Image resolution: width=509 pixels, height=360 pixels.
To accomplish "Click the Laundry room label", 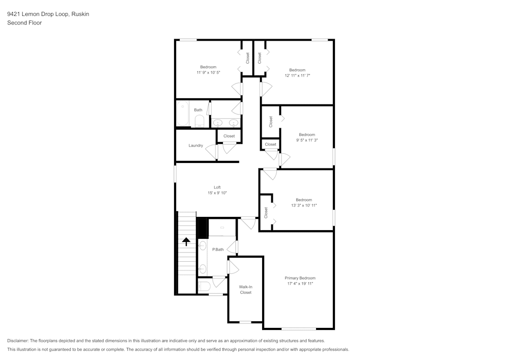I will coord(196,146).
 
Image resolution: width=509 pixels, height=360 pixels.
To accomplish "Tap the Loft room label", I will coord(217,187).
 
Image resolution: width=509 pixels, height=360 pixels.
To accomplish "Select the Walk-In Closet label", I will coord(246,290).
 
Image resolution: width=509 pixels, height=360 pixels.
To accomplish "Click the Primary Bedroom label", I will coord(300,278).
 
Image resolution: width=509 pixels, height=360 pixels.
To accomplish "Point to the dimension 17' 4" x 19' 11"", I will coord(300,284).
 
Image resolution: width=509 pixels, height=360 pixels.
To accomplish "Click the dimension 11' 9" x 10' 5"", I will coord(208,73).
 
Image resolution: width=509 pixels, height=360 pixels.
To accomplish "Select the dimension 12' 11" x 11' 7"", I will coord(297,75).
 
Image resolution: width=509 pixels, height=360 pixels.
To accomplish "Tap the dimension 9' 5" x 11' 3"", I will coord(307,140).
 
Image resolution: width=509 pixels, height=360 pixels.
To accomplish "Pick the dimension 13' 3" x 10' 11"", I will coord(304,205).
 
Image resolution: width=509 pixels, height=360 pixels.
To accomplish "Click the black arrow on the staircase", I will coord(186,241).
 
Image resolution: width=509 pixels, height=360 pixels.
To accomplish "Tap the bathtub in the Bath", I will coord(183,114).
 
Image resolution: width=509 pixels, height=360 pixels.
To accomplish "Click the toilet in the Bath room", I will coord(200,121).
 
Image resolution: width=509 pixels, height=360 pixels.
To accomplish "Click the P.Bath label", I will coord(218,250).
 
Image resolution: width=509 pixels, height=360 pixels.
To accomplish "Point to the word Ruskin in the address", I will coord(80,14).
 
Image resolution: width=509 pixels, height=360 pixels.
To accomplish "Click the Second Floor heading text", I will coord(24,23).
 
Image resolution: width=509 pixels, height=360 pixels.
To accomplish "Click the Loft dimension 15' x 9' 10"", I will coord(217,193).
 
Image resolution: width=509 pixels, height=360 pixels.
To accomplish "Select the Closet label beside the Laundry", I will coord(229,136).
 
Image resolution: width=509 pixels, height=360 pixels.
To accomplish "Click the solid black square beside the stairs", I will coord(202,228).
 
